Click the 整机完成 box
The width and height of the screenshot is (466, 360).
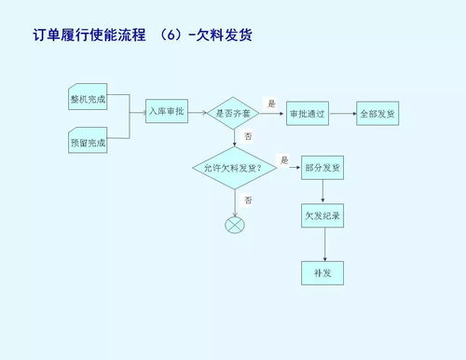tap(88, 99)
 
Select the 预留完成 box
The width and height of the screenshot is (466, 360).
tap(88, 143)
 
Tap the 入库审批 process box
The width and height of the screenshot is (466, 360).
tap(167, 112)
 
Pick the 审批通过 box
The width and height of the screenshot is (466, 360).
tap(307, 113)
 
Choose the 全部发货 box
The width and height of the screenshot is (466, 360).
tap(377, 113)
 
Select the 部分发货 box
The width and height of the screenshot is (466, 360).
tap(323, 168)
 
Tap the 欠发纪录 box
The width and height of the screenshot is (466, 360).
tap(323, 215)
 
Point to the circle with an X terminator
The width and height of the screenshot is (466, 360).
tap(235, 224)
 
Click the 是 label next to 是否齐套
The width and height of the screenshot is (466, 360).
tap(271, 103)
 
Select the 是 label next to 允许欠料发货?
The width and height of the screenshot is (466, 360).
tap(284, 159)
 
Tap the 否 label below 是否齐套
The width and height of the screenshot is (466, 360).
tap(248, 136)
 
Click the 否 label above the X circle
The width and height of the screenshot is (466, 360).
tap(248, 200)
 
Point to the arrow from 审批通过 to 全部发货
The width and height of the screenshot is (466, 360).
tap(342, 113)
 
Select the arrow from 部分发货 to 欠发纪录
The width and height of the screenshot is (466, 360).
tap(323, 191)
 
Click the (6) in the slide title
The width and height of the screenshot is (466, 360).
tap(172, 35)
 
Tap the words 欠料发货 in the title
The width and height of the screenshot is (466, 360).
tap(225, 35)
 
